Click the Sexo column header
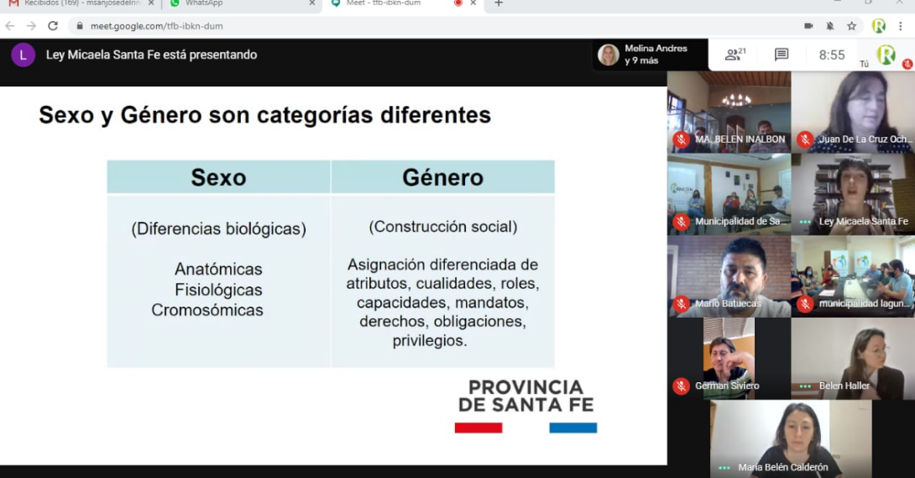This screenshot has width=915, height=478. pyautogui.click(x=218, y=177)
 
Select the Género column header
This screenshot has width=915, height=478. pyautogui.click(x=442, y=177)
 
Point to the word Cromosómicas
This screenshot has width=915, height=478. pyautogui.click(x=207, y=310)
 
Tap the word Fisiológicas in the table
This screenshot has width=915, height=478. pyautogui.click(x=218, y=290)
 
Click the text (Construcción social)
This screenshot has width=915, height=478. pyautogui.click(x=442, y=227)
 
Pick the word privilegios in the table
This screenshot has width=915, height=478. pyautogui.click(x=430, y=340)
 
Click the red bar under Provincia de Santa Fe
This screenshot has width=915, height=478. pyautogui.click(x=478, y=428)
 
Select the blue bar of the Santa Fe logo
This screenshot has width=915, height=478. pyautogui.click(x=573, y=428)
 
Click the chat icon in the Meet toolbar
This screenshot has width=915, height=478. pyautogui.click(x=782, y=55)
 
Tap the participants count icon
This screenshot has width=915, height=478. pyautogui.click(x=735, y=55)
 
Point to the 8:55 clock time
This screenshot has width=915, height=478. pyautogui.click(x=832, y=55)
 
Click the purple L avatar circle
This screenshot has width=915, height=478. pyautogui.click(x=23, y=55)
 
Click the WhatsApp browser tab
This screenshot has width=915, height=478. pyautogui.click(x=204, y=3)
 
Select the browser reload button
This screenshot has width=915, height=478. pyautogui.click(x=53, y=26)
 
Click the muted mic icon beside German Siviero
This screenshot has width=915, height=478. pyautogui.click(x=681, y=386)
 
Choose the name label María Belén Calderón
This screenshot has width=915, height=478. pyautogui.click(x=783, y=468)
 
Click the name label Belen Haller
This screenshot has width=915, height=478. pyautogui.click(x=844, y=386)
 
